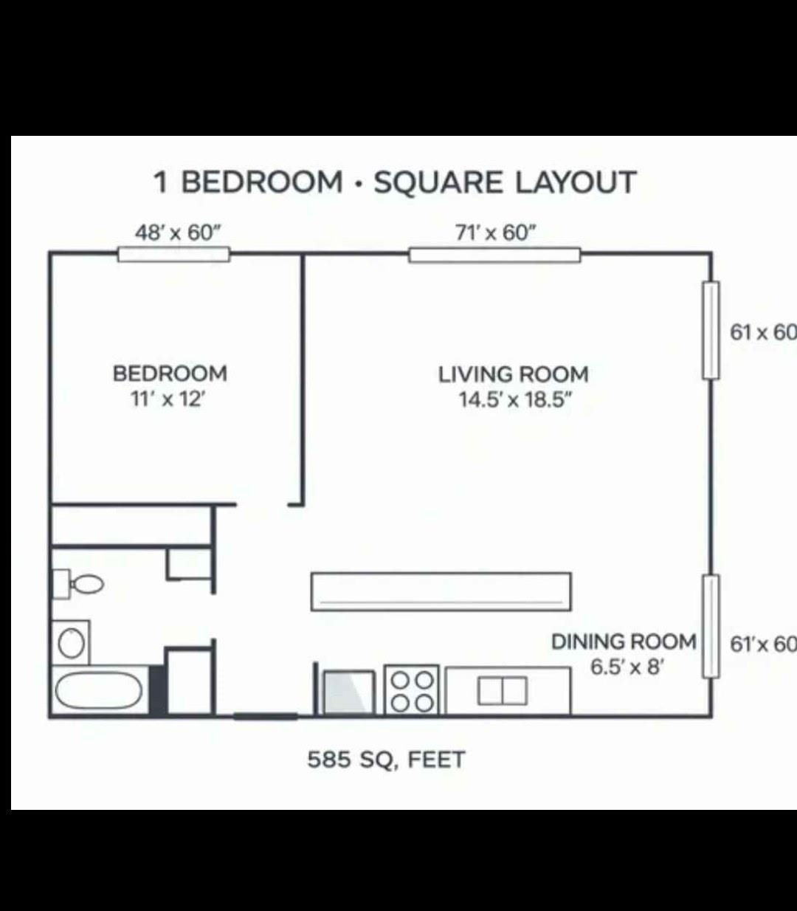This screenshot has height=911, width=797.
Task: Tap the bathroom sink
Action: pyautogui.click(x=71, y=642)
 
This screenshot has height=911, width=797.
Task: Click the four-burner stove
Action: pyautogui.click(x=412, y=690)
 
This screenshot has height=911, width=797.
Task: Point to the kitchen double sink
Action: pyautogui.click(x=503, y=691)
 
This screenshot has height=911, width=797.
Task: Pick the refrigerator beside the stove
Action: pyautogui.click(x=348, y=691)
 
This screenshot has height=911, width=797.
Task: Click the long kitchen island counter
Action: pyautogui.click(x=441, y=591)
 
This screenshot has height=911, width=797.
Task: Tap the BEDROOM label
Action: pyautogui.click(x=170, y=374)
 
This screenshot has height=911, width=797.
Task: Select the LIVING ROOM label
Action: pyautogui.click(x=514, y=374)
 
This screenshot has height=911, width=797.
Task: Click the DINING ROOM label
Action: pyautogui.click(x=624, y=642)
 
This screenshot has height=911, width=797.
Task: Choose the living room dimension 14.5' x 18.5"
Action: pyautogui.click(x=514, y=400)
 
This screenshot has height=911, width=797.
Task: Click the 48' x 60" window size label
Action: pyautogui.click(x=178, y=233)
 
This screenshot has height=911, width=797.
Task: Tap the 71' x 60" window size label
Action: pyautogui.click(x=494, y=233)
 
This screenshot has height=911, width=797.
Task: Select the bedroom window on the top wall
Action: pyautogui.click(x=174, y=254)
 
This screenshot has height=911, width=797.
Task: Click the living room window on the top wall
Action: pyautogui.click(x=494, y=255)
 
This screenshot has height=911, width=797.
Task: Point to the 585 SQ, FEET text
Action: pyautogui.click(x=386, y=759)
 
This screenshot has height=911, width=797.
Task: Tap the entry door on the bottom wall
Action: pyautogui.click(x=266, y=715)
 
